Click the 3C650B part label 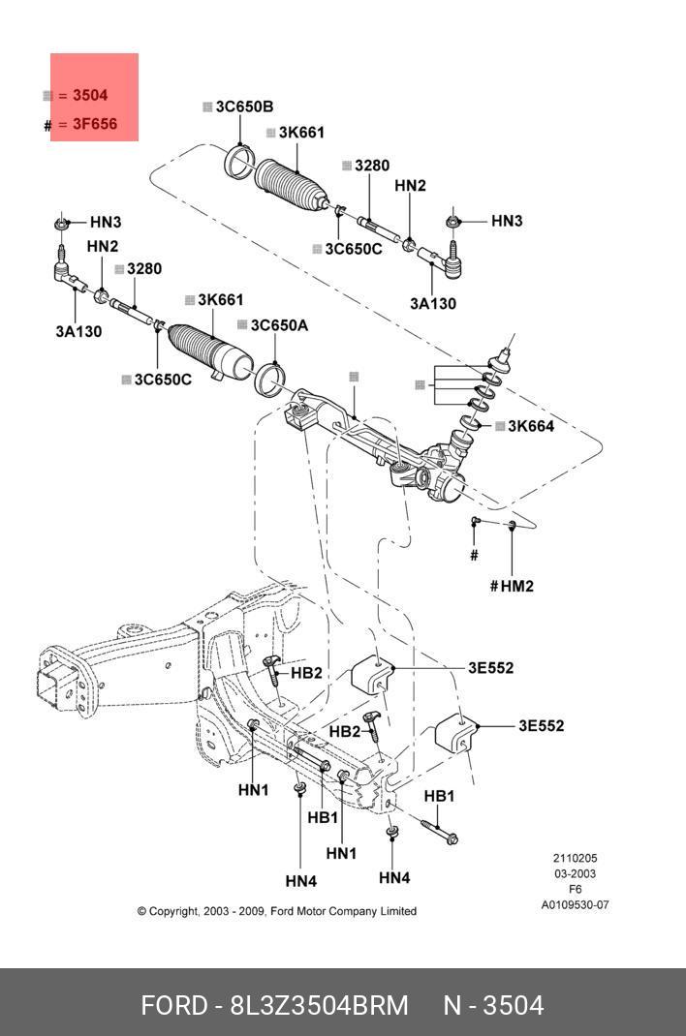tap(244, 107)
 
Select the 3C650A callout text tap(280, 325)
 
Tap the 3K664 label tap(531, 426)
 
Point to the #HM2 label tap(512, 586)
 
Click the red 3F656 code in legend tap(95, 124)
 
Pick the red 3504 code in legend tap(90, 95)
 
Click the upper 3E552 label tap(490, 668)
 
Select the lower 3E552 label tap(542, 726)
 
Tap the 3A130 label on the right tap(433, 304)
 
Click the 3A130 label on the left tap(78, 332)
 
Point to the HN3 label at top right tap(507, 221)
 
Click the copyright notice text tap(277, 911)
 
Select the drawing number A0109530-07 tap(575, 905)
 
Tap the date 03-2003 tap(575, 873)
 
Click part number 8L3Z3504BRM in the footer tap(319, 1006)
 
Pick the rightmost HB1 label tap(440, 796)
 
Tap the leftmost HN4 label tap(301, 881)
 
